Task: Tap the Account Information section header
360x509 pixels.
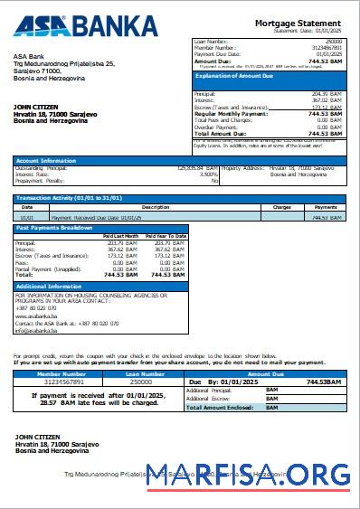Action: (46, 160)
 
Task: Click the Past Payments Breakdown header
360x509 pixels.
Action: (54, 228)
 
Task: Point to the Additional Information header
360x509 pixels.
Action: (52, 286)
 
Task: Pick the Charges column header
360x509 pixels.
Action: (282, 207)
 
